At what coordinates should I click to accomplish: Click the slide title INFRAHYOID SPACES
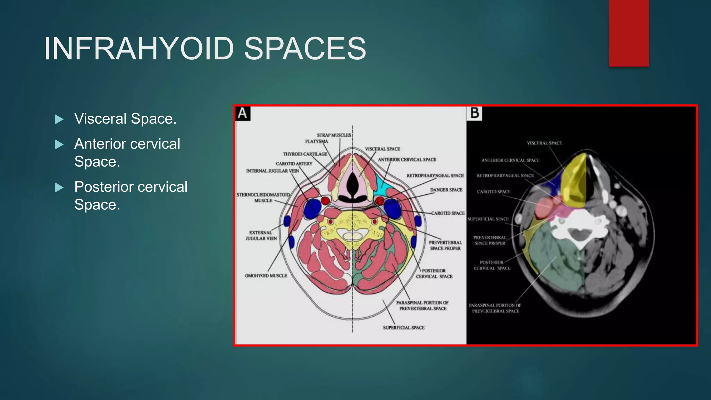point(205,49)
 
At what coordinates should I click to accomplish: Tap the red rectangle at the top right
point(628,33)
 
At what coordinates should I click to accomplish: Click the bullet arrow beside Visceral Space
point(59,119)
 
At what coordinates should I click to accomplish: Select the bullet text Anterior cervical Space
point(127,152)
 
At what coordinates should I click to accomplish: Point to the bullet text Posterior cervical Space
point(131,195)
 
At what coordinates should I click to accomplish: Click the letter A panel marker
point(242,114)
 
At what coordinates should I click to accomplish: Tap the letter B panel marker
point(474,114)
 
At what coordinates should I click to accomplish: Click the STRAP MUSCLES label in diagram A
point(334,135)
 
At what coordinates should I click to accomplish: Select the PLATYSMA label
point(316,141)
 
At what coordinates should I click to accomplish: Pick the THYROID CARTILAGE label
point(305,154)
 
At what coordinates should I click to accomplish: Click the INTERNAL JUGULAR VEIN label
point(272,171)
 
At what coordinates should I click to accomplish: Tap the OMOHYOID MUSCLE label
point(266,276)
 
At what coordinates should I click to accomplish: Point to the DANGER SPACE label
point(446,190)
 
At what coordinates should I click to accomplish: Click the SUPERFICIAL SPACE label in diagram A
point(403,327)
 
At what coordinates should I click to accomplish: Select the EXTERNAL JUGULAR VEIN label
point(261,235)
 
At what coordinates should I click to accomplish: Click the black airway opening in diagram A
point(352,184)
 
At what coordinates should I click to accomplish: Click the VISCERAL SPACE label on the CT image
point(544,143)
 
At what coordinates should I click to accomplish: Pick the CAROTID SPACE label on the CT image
point(493,192)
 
